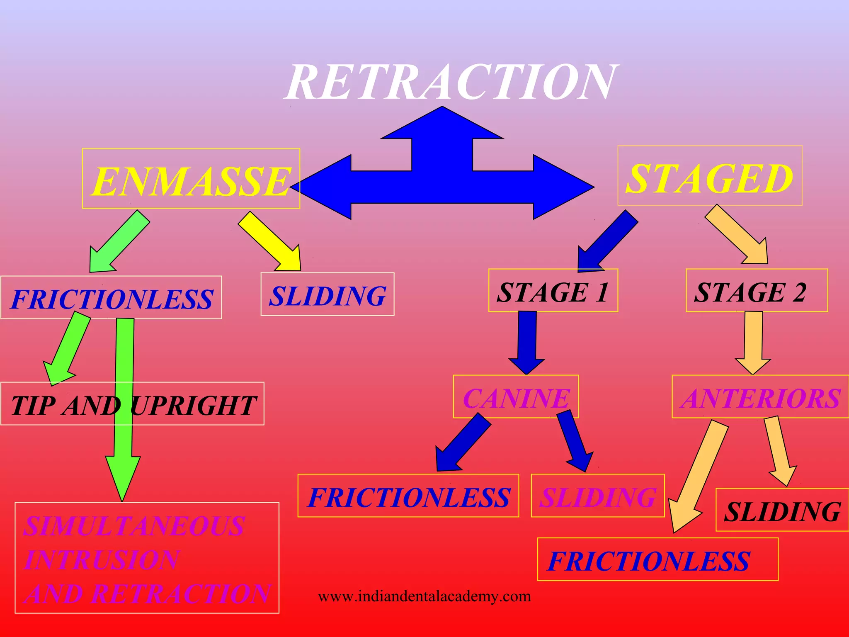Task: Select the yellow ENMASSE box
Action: [x=191, y=179]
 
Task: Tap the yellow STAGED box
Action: [x=710, y=177]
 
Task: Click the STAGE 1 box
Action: [x=553, y=291]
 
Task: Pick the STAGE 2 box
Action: [x=756, y=291]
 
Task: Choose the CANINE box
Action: [x=516, y=397]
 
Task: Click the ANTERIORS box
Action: [x=760, y=397]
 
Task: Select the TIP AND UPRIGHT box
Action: [x=133, y=404]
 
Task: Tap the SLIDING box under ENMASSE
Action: [x=327, y=295]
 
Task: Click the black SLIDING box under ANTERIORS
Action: [x=782, y=511]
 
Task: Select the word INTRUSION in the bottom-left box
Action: [x=102, y=560]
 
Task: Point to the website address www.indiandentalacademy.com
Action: [x=424, y=596]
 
